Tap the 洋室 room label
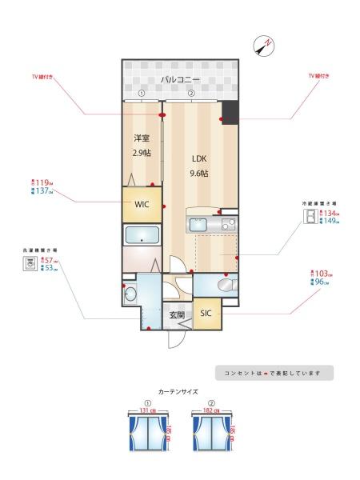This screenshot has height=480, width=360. (142, 137)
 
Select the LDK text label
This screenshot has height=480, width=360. (199, 158)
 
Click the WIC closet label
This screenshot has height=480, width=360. (142, 204)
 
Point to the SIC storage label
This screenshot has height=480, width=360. (206, 313)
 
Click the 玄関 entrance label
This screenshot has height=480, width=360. (177, 315)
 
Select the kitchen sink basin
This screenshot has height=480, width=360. (199, 225)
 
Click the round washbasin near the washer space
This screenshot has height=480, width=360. (130, 294)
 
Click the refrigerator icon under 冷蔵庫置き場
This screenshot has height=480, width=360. (308, 218)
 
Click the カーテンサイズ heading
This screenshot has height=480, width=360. (179, 392)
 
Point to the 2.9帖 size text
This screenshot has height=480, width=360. (142, 152)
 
